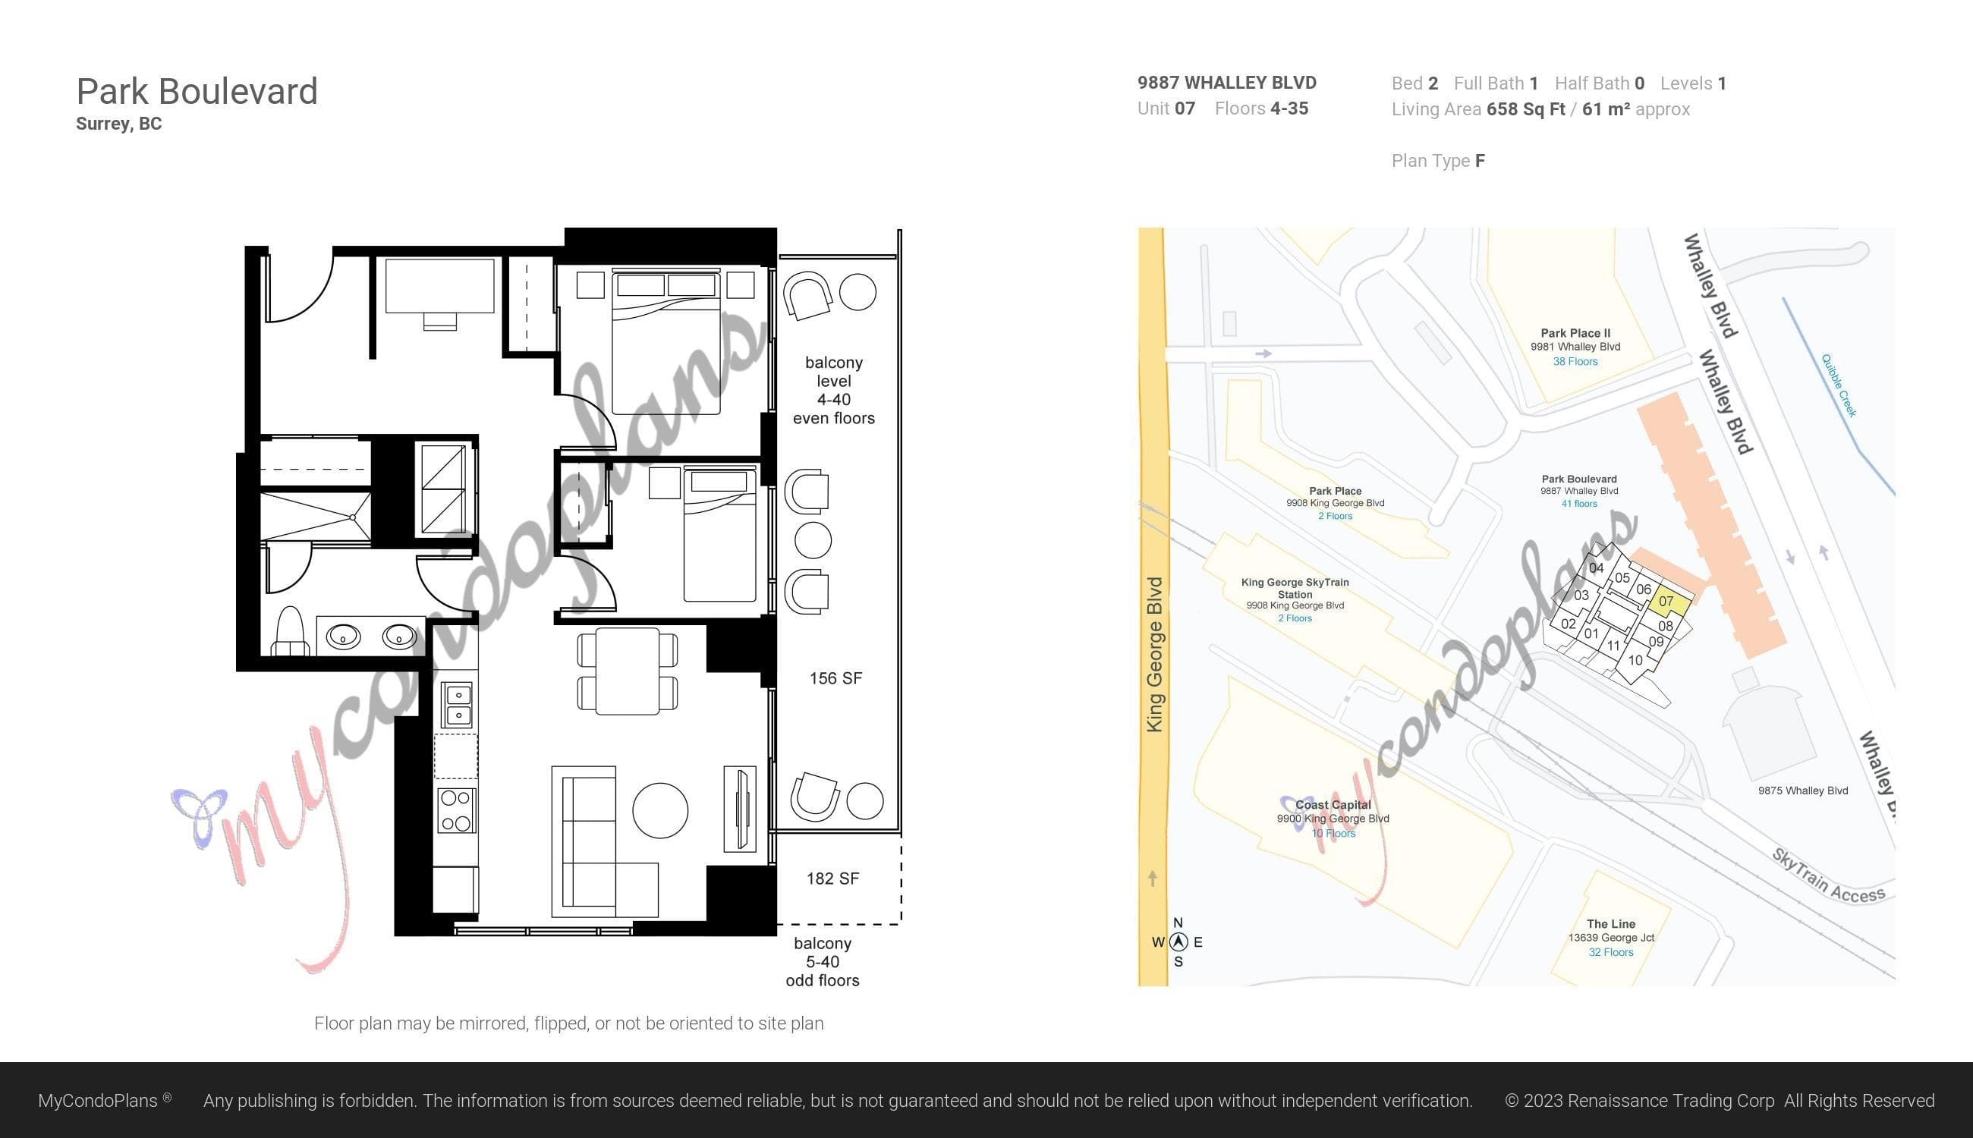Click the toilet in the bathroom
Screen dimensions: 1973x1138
(x=289, y=630)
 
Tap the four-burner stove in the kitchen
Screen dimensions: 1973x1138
(x=457, y=810)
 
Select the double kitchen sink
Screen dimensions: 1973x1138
(x=458, y=704)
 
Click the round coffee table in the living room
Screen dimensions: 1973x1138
(x=660, y=810)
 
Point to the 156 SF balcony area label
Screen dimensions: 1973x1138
(x=835, y=678)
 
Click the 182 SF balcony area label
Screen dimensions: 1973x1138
(x=832, y=879)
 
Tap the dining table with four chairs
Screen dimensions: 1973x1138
(x=627, y=672)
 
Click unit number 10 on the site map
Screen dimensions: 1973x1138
(x=1635, y=661)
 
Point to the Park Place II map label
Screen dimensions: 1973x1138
(x=1575, y=333)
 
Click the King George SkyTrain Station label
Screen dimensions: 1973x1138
(x=1295, y=588)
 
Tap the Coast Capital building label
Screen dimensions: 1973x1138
(x=1333, y=805)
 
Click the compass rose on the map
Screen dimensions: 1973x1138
(x=1178, y=942)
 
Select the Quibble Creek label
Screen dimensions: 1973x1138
(x=1839, y=386)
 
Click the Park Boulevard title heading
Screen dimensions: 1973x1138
(x=197, y=92)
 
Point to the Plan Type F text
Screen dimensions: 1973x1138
(x=1438, y=161)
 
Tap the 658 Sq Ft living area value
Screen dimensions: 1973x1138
(x=1526, y=109)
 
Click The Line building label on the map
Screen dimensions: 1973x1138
(x=1611, y=924)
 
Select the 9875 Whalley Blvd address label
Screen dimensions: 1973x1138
(x=1803, y=791)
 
